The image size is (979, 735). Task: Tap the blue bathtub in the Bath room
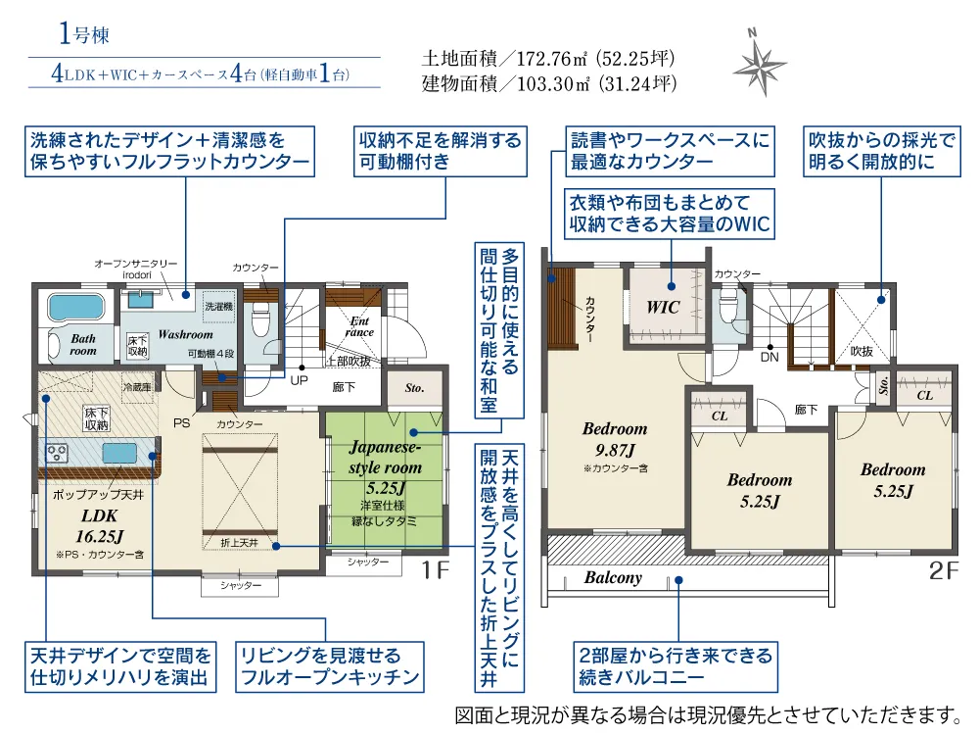[75, 308]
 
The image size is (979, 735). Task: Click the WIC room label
[663, 307]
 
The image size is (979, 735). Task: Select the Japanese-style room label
[385, 457]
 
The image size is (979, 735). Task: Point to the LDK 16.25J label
[99, 525]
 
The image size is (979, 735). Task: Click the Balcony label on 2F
[613, 577]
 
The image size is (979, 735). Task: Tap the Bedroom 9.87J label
[615, 439]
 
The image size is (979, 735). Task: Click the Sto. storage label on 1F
[414, 388]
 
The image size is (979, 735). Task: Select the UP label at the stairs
[299, 380]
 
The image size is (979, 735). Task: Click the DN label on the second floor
[769, 357]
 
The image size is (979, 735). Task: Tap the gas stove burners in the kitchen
[57, 453]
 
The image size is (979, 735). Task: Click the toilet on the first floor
[261, 320]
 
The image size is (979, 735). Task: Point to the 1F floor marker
[436, 570]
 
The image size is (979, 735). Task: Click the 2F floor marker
[944, 570]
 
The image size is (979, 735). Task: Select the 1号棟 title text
[83, 33]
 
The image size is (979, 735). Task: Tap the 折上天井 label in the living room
[239, 543]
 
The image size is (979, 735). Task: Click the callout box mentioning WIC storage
[670, 214]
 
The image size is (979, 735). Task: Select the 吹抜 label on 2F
[862, 351]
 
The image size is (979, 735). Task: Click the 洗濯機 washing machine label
[218, 306]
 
